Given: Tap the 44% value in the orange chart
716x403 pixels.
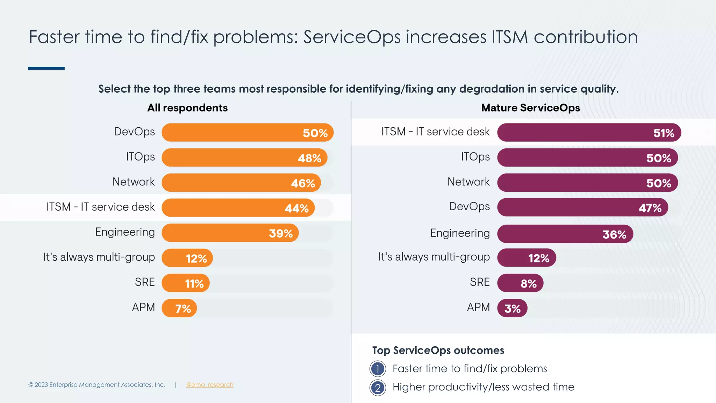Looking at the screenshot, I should point(296,208).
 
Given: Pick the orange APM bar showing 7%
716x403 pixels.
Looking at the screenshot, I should point(179,308).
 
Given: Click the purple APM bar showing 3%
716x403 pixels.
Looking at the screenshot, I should point(512,308).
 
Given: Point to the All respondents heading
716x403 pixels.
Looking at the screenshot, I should point(187,108).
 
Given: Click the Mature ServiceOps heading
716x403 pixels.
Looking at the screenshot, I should point(530,108).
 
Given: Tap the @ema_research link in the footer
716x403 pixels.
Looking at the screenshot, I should point(209,385).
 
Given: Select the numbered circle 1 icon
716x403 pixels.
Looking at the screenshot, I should point(378,369).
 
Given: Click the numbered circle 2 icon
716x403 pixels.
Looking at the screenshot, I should point(378,388).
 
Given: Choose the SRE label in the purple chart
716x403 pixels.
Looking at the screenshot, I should point(480,282).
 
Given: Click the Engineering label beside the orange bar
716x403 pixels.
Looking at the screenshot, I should point(125,232).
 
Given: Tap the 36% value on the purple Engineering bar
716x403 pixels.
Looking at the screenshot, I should point(614,234).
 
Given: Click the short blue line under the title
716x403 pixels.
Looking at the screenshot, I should point(46,68).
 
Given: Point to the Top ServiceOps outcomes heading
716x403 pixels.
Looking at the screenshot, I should point(438,350).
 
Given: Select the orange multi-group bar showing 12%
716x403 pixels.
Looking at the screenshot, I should point(187,258).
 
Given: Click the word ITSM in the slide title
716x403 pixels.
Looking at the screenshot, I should point(509,37).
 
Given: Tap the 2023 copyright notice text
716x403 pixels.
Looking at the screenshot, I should point(97,385).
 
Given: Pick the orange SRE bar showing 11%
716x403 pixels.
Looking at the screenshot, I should point(185,283).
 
